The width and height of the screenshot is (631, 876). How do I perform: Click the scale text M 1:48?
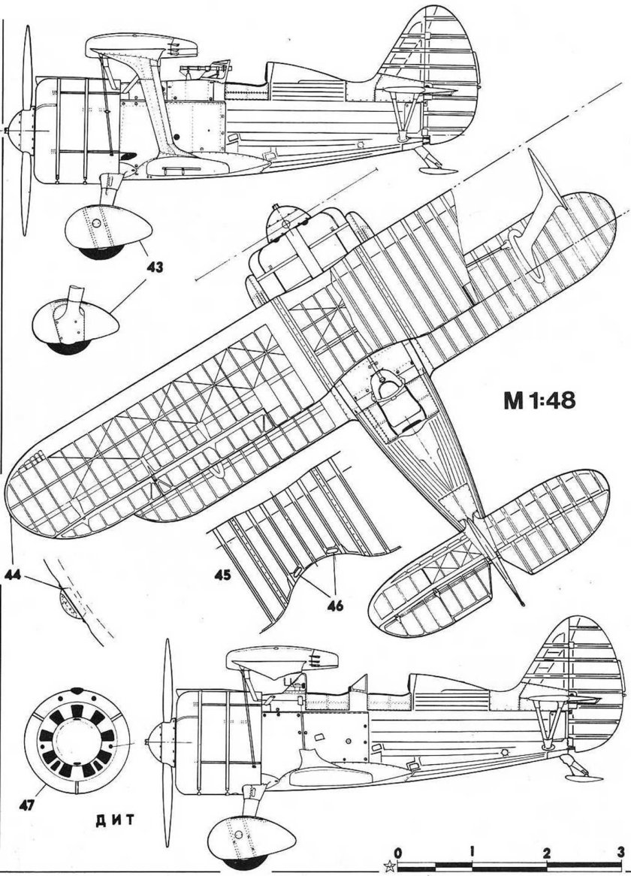click(535, 400)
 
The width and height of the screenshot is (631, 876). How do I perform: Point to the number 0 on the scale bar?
click(398, 852)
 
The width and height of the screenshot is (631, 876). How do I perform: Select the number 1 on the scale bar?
click(471, 852)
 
